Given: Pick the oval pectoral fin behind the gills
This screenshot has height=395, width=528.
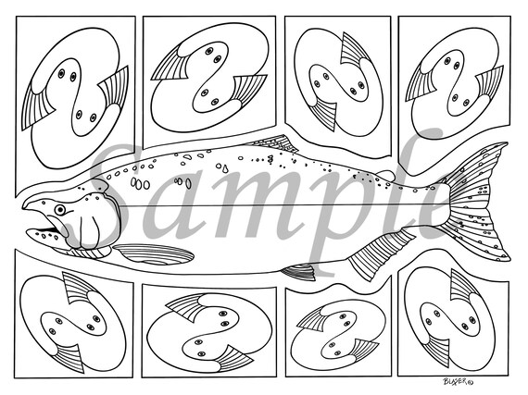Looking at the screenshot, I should (x=154, y=255).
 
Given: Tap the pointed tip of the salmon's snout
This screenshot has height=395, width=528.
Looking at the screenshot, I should (x=26, y=204).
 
